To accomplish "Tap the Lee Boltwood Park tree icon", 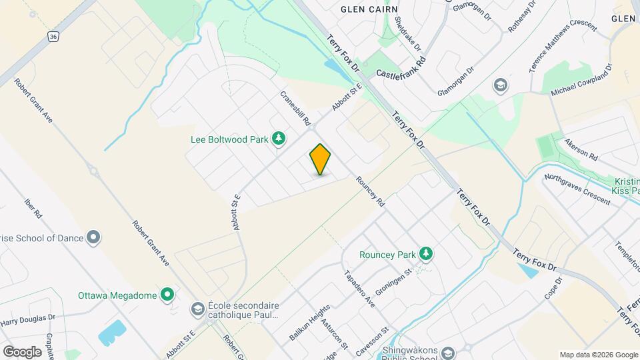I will point(279,139).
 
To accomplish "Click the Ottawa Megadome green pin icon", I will point(168,295).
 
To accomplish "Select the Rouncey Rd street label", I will point(371,191).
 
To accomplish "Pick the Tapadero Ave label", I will point(359,289).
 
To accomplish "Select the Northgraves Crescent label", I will point(577,189).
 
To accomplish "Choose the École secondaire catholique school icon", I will point(198,309).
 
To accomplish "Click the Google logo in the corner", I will point(22,351).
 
